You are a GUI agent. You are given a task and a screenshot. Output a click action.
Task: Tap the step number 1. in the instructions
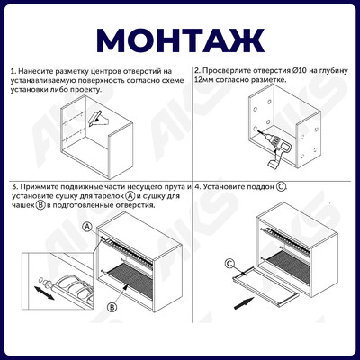(13, 70)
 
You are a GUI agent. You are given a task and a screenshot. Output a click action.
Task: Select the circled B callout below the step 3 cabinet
(112, 307)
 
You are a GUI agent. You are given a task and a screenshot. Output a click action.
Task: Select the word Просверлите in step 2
(228, 69)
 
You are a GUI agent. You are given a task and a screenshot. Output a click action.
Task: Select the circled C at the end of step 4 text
(282, 186)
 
